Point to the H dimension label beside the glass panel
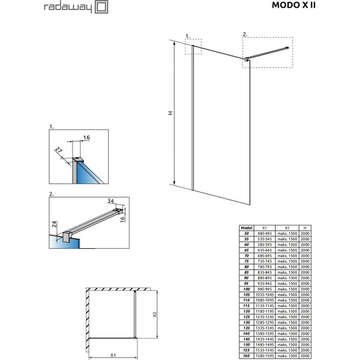[x=171, y=113]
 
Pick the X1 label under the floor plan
[x=112, y=354]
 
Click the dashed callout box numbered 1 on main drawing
[x=193, y=49]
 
